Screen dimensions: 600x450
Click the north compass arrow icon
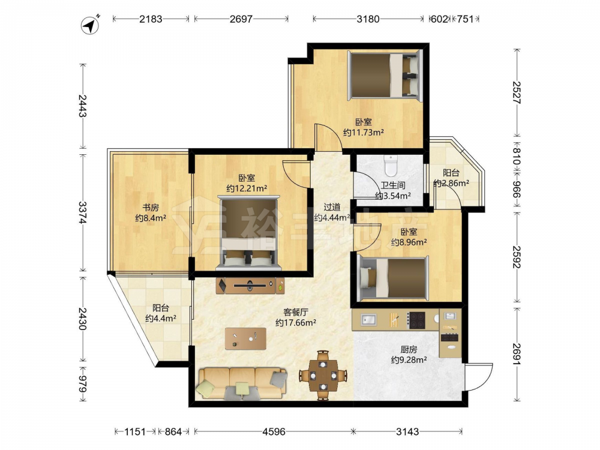[90, 25]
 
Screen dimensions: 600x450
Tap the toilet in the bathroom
[391, 166]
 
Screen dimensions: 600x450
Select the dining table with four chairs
[323, 376]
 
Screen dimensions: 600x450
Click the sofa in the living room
[242, 383]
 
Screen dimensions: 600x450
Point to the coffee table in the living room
[245, 338]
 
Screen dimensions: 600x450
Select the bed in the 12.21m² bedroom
[249, 233]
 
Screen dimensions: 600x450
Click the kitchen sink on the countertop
[368, 320]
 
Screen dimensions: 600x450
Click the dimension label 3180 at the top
[368, 19]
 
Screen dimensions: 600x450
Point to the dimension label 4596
[274, 431]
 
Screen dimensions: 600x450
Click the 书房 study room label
[151, 208]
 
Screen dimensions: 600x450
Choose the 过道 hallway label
[332, 207]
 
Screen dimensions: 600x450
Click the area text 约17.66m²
[296, 323]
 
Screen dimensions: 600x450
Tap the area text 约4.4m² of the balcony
[161, 318]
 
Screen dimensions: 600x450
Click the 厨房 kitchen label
[409, 349]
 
